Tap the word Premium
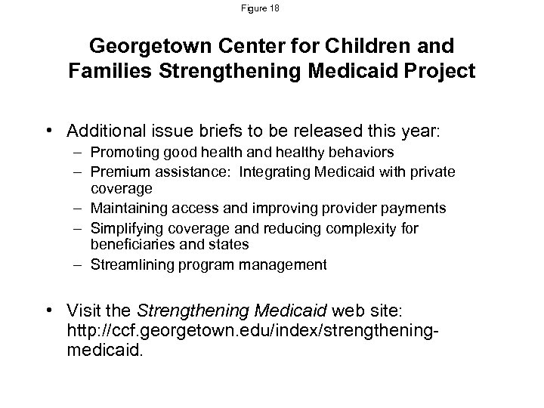[x=116, y=172]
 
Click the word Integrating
[x=274, y=172]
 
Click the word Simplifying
[x=122, y=227]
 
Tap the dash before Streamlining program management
[x=79, y=264]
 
